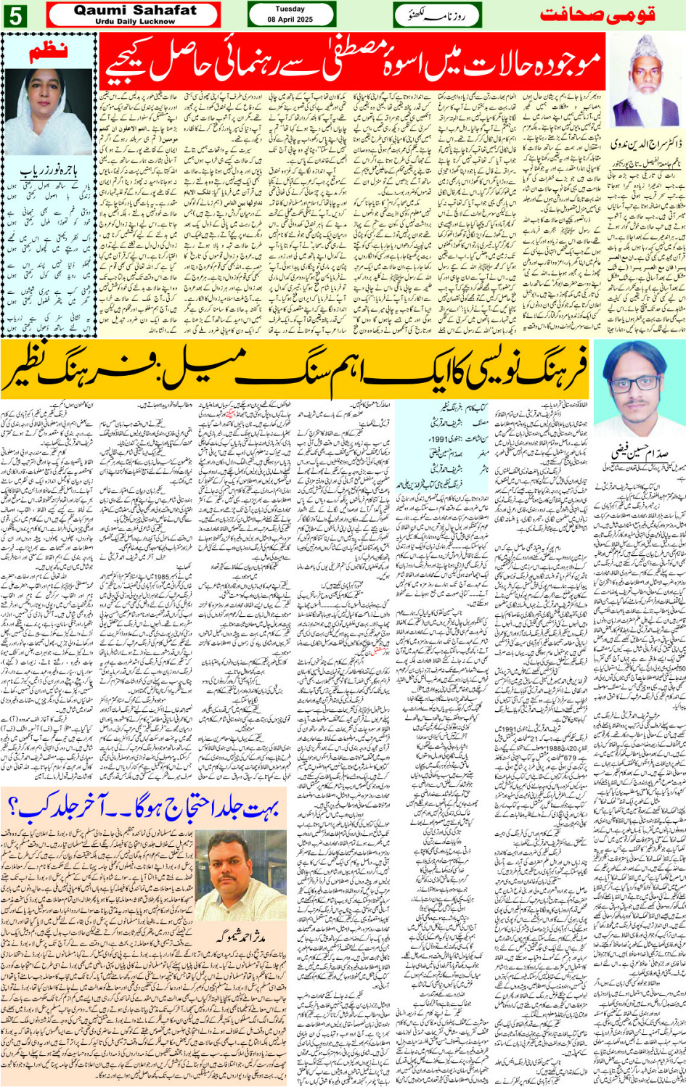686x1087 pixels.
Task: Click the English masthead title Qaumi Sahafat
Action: click(x=135, y=10)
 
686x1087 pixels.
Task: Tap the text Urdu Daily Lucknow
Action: click(x=135, y=22)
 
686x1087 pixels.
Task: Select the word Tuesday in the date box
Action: click(x=290, y=9)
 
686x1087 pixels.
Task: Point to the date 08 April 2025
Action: click(x=290, y=20)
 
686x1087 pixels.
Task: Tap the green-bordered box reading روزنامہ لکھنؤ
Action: click(x=438, y=15)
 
